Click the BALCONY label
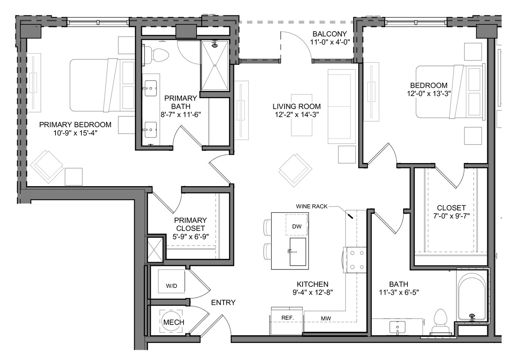(330, 34)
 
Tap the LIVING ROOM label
(296, 106)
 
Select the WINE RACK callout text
(311, 207)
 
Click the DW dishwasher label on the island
(297, 226)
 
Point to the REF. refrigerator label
(288, 318)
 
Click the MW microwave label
(326, 319)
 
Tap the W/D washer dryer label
(172, 286)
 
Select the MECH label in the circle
(174, 322)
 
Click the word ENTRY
(224, 303)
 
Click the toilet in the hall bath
(440, 322)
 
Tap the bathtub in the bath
(472, 296)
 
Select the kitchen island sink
(298, 252)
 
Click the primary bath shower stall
(215, 66)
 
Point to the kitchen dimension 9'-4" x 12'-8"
(313, 293)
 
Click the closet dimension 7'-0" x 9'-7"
(451, 216)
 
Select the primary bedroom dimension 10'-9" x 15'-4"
(76, 133)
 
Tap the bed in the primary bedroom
(102, 85)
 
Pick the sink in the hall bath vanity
(397, 327)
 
